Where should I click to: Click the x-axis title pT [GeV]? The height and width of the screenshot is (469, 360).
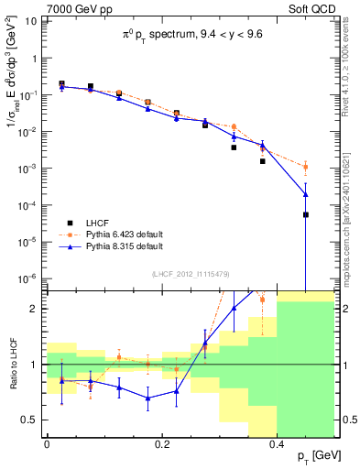pos(313,455)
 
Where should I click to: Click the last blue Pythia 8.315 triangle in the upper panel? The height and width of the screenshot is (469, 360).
pos(306,194)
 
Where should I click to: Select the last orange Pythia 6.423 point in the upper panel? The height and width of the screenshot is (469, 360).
pos(306,167)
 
